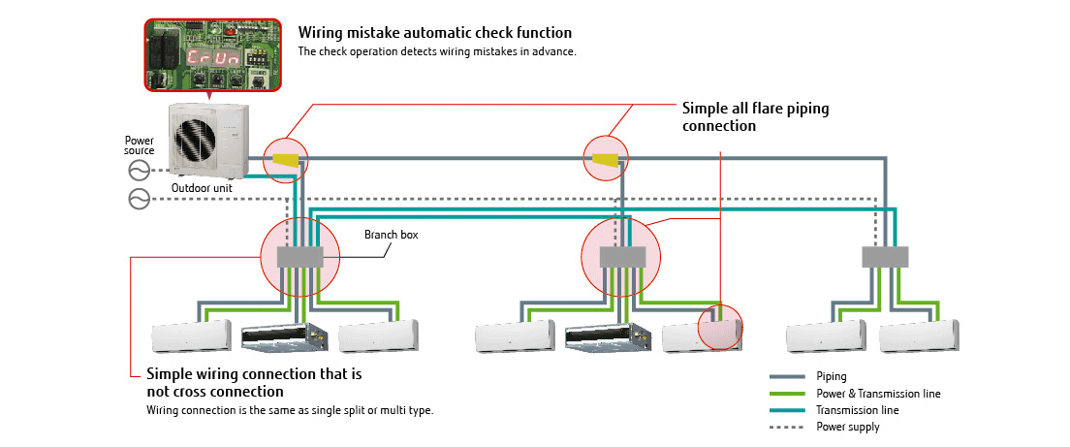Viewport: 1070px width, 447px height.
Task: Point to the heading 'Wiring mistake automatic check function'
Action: tap(434, 33)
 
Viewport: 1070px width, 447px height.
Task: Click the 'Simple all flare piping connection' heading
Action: tap(755, 116)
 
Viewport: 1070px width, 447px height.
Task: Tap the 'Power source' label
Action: tap(140, 146)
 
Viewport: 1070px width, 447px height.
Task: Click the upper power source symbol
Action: tap(139, 171)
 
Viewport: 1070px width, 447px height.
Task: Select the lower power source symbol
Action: tap(139, 200)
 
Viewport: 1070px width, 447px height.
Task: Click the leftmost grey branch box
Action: tap(300, 257)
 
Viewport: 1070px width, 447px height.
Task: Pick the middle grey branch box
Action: tap(622, 257)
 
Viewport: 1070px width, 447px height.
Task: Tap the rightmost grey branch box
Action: tap(885, 257)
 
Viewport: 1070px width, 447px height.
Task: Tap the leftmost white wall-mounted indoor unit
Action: tap(193, 336)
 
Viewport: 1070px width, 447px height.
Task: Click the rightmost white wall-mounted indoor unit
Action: tap(918, 337)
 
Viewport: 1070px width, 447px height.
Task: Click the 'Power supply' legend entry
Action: tap(849, 426)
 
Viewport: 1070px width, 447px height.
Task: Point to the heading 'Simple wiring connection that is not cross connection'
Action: tap(253, 382)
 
